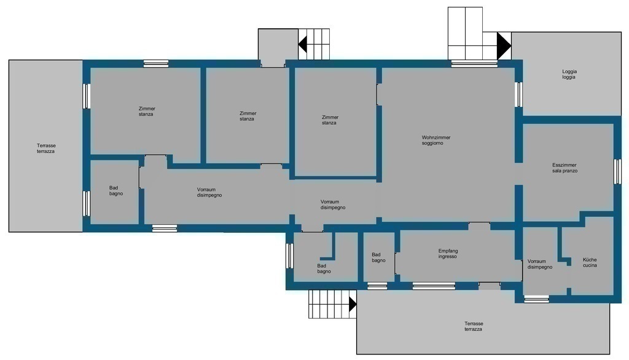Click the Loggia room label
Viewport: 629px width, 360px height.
point(569,74)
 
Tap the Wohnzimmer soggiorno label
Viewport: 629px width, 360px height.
point(436,140)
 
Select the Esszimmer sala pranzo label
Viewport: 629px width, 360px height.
point(565,168)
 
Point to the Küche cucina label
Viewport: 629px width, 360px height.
point(590,262)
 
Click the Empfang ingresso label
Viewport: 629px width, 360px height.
point(448,254)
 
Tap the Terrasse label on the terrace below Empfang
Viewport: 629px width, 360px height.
point(474,326)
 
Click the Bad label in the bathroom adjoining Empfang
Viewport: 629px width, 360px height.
point(378,257)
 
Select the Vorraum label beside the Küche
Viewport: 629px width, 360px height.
point(539,264)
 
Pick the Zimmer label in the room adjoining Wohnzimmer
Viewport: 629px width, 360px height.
point(330,120)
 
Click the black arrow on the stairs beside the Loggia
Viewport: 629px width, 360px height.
point(504,45)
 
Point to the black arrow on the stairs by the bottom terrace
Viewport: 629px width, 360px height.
point(353,304)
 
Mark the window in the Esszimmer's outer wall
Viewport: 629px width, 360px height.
point(618,171)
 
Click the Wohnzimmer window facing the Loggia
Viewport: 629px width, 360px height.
point(518,95)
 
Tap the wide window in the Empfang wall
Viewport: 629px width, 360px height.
point(434,286)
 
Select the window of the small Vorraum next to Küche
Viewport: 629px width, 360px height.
point(536,299)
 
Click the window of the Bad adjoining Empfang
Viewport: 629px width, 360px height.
point(378,286)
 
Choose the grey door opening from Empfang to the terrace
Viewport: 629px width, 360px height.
point(490,286)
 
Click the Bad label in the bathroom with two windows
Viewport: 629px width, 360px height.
point(116,190)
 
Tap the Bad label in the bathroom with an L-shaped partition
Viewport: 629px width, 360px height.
point(324,268)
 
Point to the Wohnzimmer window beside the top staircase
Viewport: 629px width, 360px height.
point(474,63)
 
